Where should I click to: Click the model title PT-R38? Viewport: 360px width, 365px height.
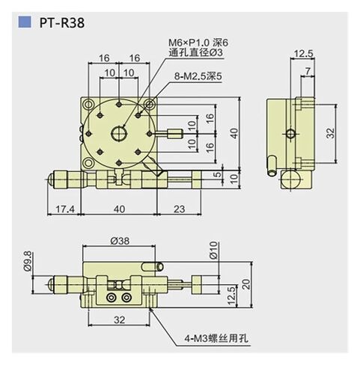tap(62, 22)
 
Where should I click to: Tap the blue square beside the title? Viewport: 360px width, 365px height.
tap(25, 22)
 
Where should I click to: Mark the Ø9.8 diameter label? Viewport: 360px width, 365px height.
tap(28, 258)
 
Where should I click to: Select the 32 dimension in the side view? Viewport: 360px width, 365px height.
tap(330, 133)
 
